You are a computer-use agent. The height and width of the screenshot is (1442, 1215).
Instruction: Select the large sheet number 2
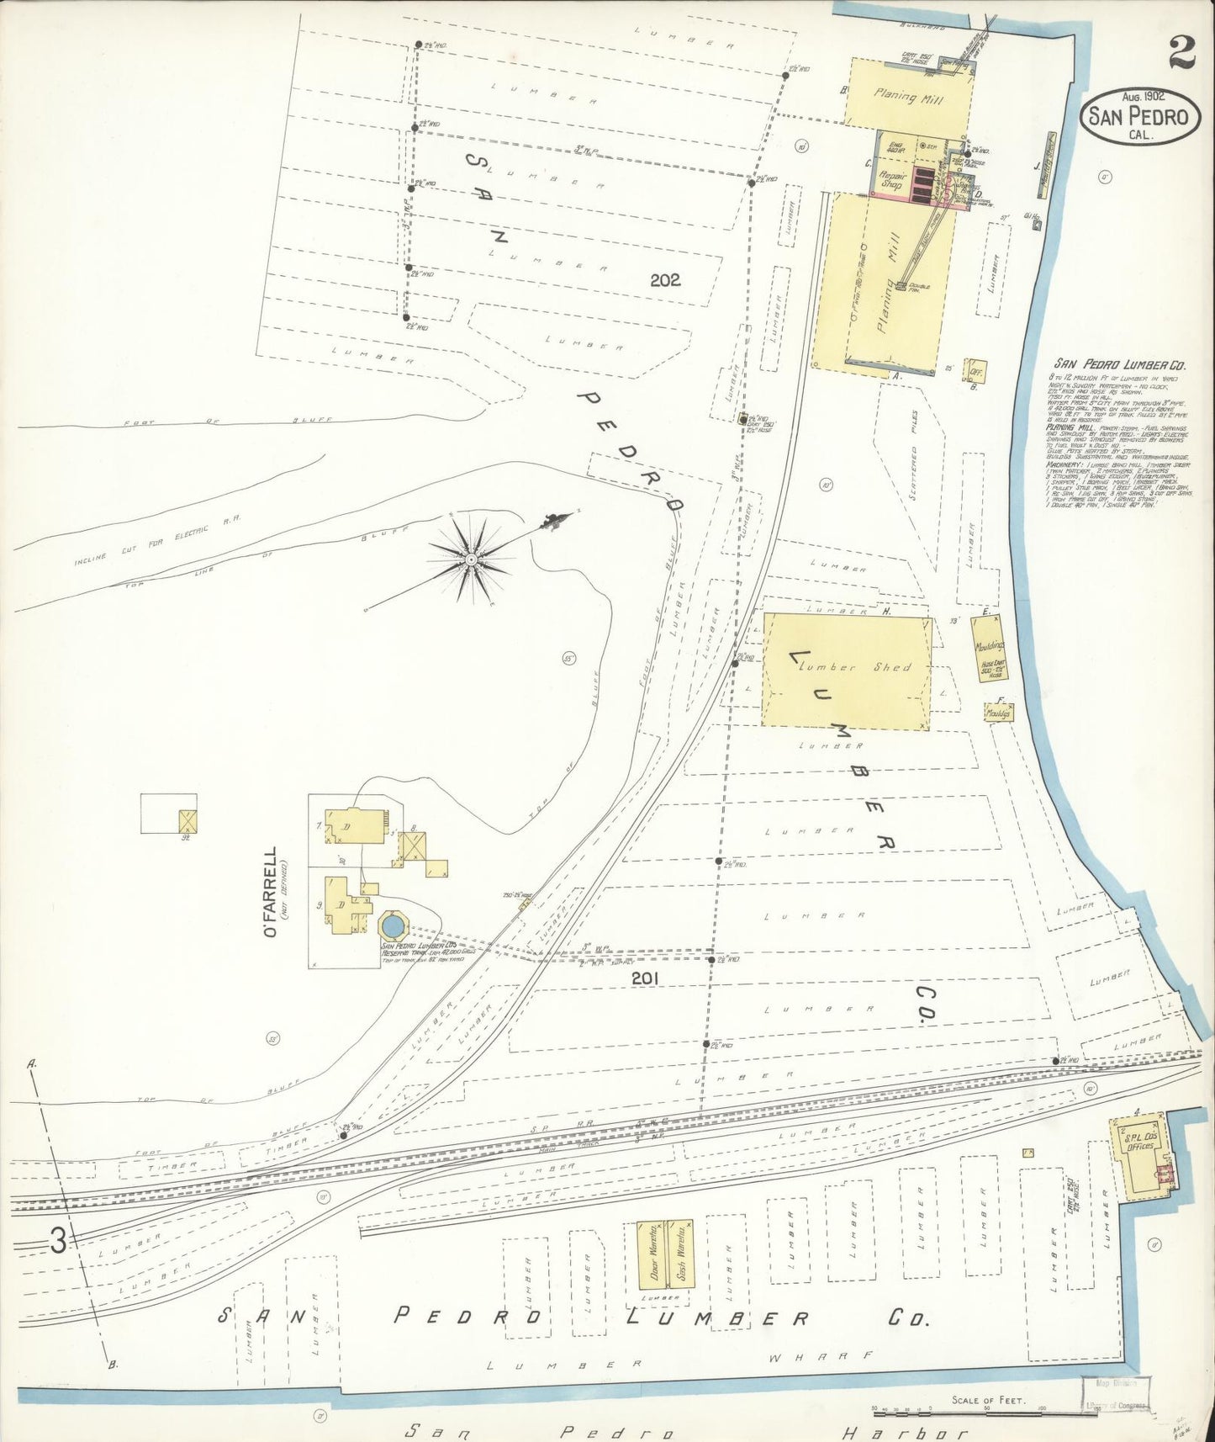pos(1182,54)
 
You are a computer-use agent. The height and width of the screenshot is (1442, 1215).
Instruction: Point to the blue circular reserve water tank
pos(391,927)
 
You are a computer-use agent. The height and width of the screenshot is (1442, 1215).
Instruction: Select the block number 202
pos(664,280)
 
